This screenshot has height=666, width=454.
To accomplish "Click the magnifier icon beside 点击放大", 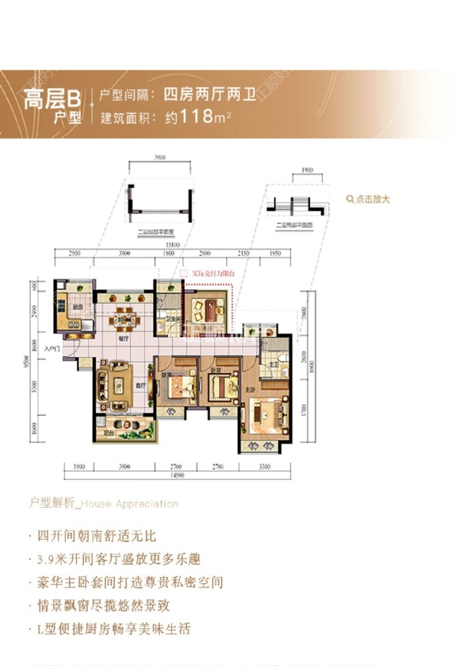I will pyautogui.click(x=349, y=200).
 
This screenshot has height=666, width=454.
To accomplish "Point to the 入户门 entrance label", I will pyautogui.click(x=51, y=348).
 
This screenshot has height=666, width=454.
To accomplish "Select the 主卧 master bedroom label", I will pyautogui.click(x=249, y=389).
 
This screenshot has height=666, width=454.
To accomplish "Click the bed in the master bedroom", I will pyautogui.click(x=269, y=413).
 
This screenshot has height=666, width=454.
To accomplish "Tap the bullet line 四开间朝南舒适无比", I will pyautogui.click(x=96, y=537).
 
